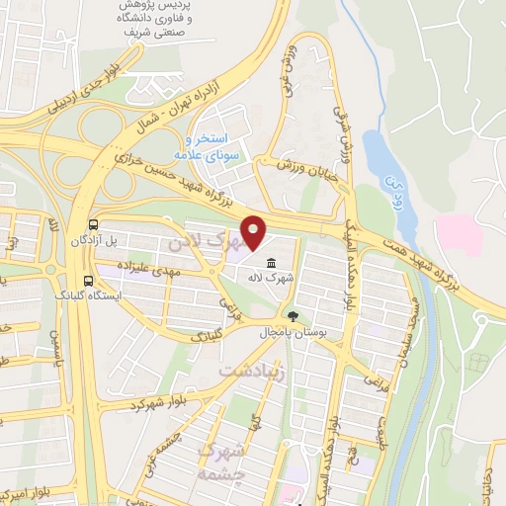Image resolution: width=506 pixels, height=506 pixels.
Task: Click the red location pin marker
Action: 255,233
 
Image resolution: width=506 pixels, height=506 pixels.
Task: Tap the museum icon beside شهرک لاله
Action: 270,262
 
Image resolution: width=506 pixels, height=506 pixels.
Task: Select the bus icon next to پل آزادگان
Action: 92,223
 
